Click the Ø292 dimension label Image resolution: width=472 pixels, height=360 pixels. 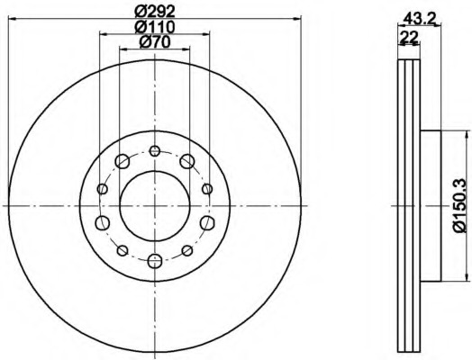[x=154, y=12]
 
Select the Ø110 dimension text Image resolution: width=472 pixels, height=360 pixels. [x=154, y=27]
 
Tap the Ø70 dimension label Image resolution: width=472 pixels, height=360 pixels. [x=155, y=42]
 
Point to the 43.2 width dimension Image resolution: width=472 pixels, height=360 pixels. [x=420, y=19]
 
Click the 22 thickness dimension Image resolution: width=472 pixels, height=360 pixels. [x=408, y=37]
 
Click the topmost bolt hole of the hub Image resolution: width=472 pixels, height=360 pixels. [x=155, y=150]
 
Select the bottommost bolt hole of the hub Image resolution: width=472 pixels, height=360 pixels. [x=155, y=261]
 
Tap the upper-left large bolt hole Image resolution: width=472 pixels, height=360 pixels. [x=123, y=161]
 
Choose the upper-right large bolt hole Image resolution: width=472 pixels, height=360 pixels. [x=187, y=161]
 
